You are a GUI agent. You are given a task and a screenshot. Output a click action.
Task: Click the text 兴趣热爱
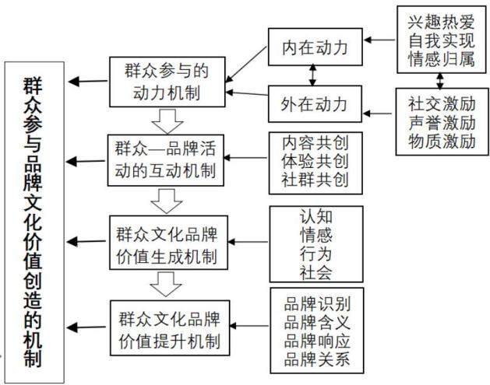[x=441, y=22]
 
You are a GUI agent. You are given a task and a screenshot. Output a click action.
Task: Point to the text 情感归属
[x=441, y=59]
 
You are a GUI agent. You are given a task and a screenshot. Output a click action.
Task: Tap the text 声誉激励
[x=442, y=123]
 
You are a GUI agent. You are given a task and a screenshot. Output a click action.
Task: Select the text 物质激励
[x=442, y=141]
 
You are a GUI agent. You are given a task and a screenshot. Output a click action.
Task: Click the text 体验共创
[x=315, y=162]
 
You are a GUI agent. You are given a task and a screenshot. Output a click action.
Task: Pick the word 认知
[x=316, y=216]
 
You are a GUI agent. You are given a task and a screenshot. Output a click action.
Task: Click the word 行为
[x=316, y=254]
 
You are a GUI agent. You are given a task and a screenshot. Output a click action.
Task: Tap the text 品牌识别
[x=317, y=303]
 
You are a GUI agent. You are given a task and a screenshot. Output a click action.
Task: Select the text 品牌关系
[x=317, y=359]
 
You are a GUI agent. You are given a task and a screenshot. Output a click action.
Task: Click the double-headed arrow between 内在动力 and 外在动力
[x=312, y=75]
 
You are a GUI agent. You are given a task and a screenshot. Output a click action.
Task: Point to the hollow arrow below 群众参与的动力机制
[x=167, y=121]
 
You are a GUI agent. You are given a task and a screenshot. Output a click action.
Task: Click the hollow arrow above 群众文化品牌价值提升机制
[x=166, y=284]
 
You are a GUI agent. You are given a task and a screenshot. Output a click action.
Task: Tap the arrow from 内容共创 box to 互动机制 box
[x=246, y=158]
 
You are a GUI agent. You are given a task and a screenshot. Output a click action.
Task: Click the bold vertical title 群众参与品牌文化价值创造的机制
[x=33, y=222]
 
